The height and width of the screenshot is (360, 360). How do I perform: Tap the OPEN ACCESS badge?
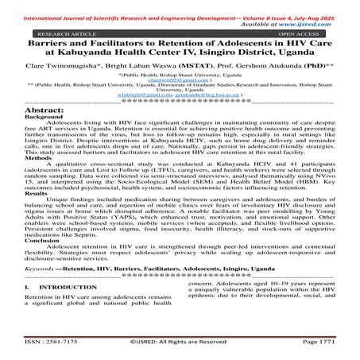(x=302, y=36)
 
